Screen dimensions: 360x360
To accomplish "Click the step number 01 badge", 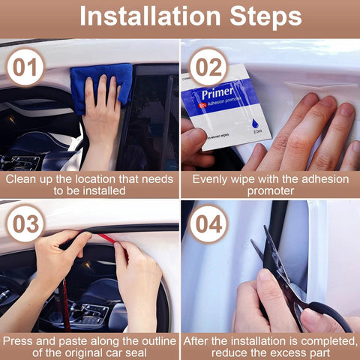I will point(26,67).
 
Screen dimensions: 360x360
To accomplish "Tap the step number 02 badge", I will point(208,67).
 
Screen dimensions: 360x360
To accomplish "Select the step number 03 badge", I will point(26,223).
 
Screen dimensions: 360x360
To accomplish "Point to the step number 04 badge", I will point(208,223).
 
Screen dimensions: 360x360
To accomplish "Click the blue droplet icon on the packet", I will point(238,119).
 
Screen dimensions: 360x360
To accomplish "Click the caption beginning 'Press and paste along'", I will point(89,346).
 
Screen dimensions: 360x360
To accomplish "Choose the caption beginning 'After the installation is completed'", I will point(270,346).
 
